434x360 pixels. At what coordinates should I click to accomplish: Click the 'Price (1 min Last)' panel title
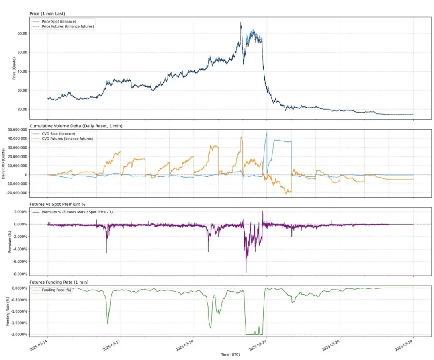47,14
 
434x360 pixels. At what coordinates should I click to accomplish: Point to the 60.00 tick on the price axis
22,33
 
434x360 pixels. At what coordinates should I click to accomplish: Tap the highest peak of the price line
241,22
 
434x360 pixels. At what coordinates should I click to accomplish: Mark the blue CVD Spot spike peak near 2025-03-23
266,132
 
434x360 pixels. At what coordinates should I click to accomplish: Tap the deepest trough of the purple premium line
246,272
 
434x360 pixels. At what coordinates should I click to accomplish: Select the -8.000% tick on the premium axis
18,274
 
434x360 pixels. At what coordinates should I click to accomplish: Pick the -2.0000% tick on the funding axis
18,334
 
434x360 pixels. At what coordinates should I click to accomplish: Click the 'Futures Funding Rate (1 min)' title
59,282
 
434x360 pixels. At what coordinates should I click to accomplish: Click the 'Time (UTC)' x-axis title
230,354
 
